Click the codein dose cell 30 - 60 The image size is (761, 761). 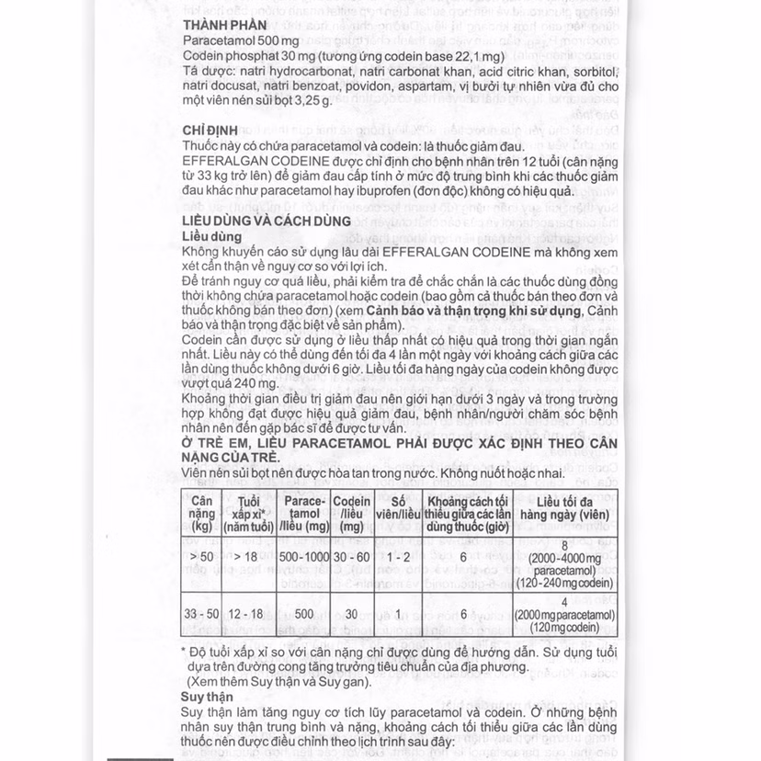[351, 556]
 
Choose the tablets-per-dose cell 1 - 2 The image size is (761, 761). [398, 556]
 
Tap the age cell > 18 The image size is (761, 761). [247, 556]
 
